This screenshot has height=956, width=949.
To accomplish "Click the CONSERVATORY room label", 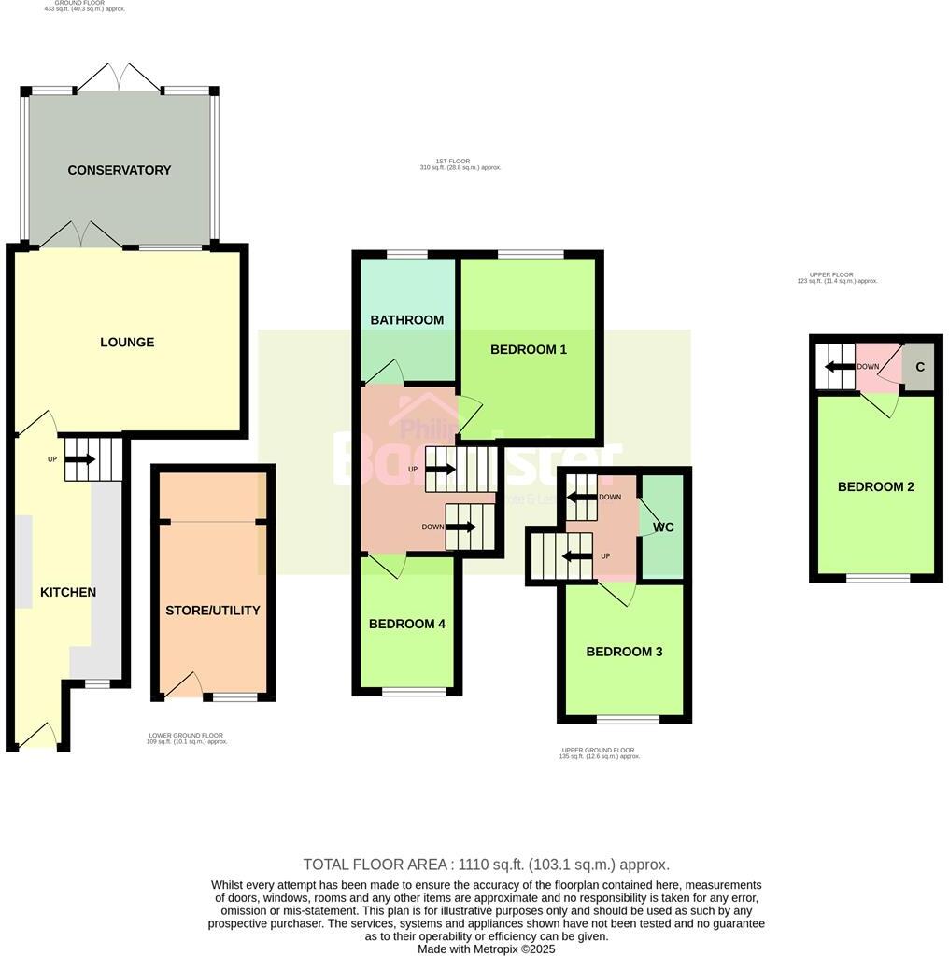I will [120, 170].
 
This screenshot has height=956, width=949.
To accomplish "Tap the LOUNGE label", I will [127, 342].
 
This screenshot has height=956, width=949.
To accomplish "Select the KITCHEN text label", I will [68, 592].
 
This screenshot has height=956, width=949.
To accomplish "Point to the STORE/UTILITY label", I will [213, 611].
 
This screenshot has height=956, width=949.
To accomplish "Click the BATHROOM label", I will [407, 320].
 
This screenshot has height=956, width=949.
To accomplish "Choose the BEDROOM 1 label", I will [529, 349].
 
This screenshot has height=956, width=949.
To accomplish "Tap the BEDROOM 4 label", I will [407, 624].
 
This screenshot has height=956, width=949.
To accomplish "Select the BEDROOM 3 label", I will [624, 652].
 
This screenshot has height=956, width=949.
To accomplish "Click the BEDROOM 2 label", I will [875, 486].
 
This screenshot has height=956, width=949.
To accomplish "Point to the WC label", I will [663, 527].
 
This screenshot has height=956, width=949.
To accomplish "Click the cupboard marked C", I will [920, 367].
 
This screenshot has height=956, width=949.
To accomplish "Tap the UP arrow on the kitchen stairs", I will [80, 459].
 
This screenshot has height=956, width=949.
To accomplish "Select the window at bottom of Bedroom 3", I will [628, 719].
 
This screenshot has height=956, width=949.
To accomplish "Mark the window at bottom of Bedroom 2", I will [878, 579].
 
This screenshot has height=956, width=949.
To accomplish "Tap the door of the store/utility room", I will [185, 686].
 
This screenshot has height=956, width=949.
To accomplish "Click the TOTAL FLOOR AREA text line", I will [486, 865].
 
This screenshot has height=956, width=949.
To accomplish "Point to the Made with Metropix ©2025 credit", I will [486, 949].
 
